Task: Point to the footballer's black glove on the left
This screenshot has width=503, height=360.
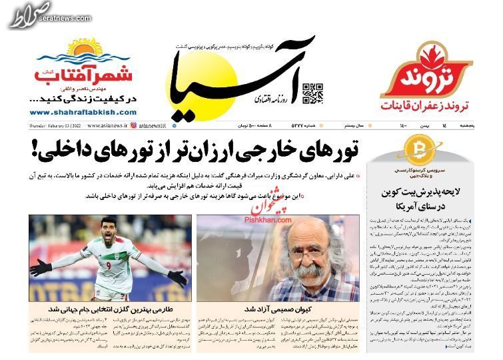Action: coord(40,267)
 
